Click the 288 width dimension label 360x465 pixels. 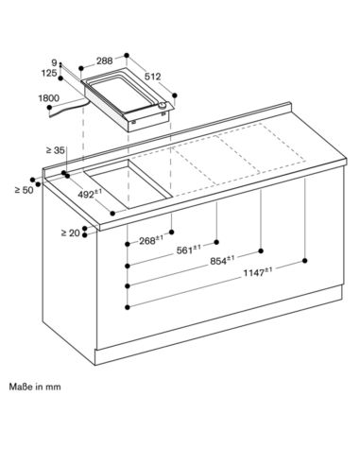(105, 60)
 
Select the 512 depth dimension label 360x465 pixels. (153, 77)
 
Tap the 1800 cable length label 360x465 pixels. (49, 98)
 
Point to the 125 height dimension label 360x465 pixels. (49, 73)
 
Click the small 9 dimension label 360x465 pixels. (54, 62)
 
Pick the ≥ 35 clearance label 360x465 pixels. (56, 150)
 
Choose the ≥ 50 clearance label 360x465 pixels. (25, 190)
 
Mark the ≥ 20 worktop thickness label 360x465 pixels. (71, 233)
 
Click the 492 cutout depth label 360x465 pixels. (90, 194)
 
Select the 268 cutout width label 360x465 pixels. (151, 240)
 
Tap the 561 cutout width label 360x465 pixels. (188, 250)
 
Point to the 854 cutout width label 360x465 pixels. (222, 260)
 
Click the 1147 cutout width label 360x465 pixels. (258, 271)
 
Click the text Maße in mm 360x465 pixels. (35, 387)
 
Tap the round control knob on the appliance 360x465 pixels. (162, 106)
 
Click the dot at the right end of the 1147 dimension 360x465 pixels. (304, 261)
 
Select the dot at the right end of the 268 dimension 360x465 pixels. (172, 232)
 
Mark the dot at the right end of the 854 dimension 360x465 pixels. (261, 250)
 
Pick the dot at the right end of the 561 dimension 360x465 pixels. (216, 242)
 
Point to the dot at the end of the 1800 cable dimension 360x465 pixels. (49, 108)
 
